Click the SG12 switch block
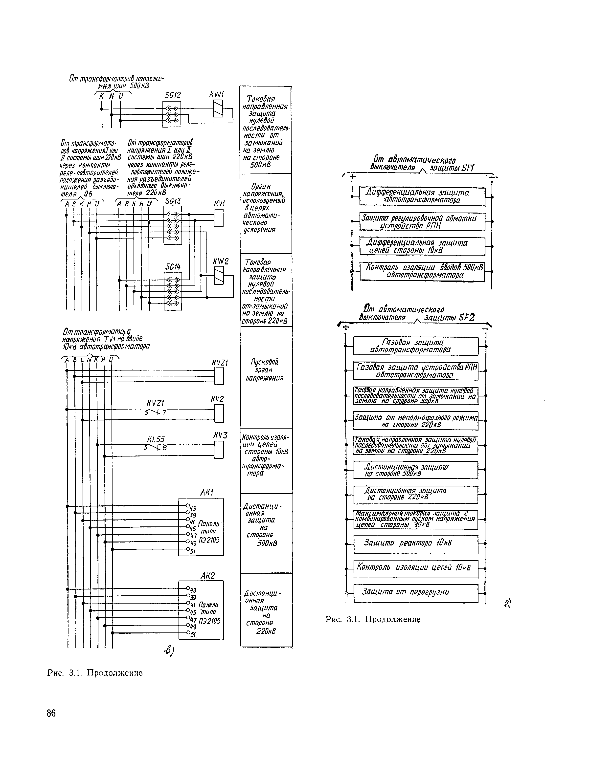[172, 114]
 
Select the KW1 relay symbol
[218, 108]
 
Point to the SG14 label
[173, 267]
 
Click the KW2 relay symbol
[219, 276]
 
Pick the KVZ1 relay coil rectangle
[219, 376]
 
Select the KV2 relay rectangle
[219, 413]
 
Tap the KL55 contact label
[156, 440]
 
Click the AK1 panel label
[206, 493]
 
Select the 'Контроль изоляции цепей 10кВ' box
[416, 568]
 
